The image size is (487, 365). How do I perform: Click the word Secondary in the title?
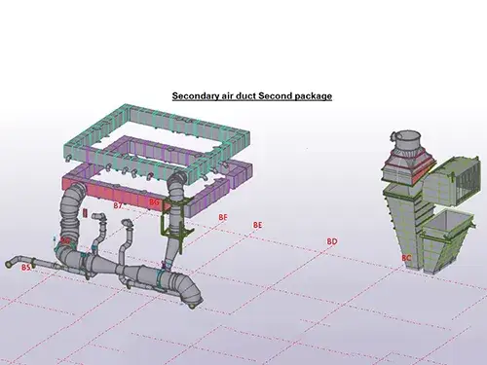[195, 96]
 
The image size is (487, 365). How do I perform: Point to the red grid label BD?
[332, 240]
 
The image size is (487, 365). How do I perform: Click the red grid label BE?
[257, 225]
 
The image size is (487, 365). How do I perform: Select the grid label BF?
[223, 216]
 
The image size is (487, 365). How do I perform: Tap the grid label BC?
[406, 257]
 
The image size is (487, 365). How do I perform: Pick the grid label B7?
[117, 206]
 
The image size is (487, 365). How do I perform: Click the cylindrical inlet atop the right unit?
[402, 136]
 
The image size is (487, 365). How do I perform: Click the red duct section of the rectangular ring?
[97, 185]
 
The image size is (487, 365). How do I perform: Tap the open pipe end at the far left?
[9, 263]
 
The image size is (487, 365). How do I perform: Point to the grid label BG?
[154, 201]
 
